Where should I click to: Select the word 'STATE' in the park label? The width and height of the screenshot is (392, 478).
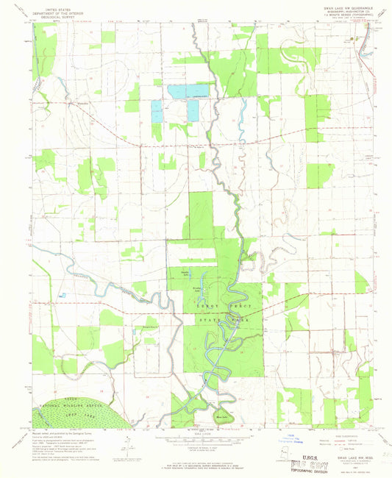(208, 321)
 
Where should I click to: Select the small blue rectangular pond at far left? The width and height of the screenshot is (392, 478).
(63, 295)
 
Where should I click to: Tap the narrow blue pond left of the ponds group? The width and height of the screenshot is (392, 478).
(156, 112)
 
